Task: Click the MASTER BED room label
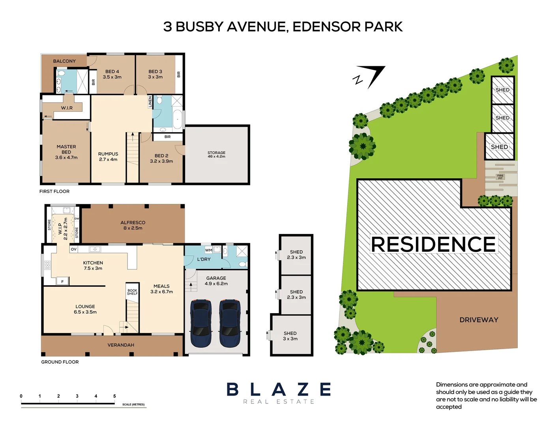[66, 152]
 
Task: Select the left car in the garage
[200, 323]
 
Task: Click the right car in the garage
[230, 323]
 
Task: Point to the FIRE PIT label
[500, 177]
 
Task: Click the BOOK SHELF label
[132, 292]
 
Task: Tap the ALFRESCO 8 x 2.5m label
[133, 225]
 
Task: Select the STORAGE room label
[216, 154]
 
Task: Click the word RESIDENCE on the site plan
[433, 244]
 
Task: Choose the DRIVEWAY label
[479, 320]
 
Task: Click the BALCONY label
[64, 61]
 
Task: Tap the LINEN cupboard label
[150, 102]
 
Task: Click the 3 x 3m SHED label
[290, 336]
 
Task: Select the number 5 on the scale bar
[114, 396]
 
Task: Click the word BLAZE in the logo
[279, 390]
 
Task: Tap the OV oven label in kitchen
[74, 249]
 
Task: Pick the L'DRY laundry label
[204, 259]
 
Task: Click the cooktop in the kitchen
[47, 265]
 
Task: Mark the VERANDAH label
[121, 345]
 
